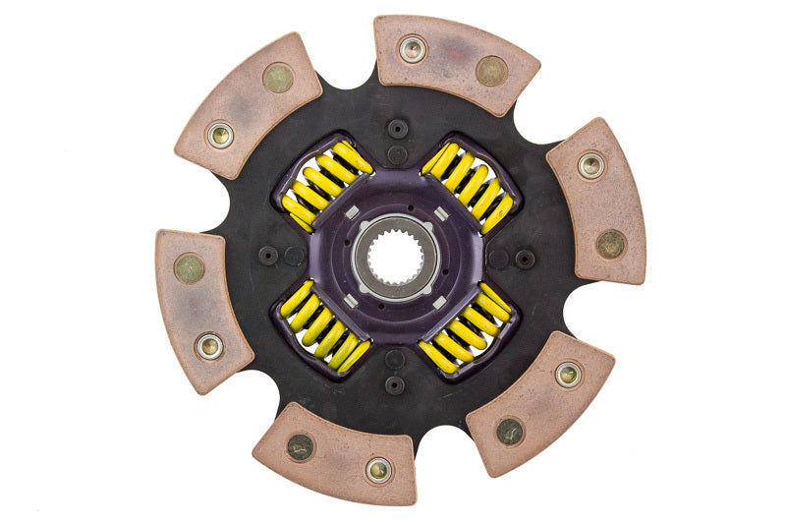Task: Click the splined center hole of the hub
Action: point(395,259)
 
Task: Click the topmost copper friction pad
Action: point(455,62)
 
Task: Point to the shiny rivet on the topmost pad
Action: point(413,48)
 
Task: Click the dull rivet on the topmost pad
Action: point(490,70)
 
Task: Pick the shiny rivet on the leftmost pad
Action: point(208,345)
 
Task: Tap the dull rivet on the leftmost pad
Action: point(189,268)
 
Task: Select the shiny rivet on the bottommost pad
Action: point(379,469)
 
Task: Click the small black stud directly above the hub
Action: point(397,128)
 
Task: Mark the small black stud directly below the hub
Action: point(396,384)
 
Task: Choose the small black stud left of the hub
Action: point(268,255)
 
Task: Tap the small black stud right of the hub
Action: point(525,259)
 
